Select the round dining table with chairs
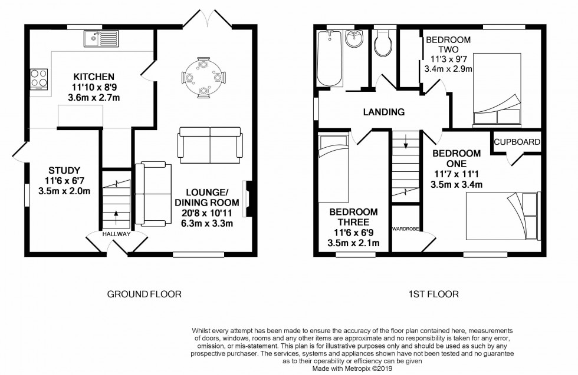[203, 77]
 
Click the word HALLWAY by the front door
[115, 234]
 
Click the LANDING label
[383, 112]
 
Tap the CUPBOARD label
[517, 142]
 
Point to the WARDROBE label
[406, 226]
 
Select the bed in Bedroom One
[503, 216]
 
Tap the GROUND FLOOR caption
[144, 294]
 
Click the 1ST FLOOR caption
[433, 294]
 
